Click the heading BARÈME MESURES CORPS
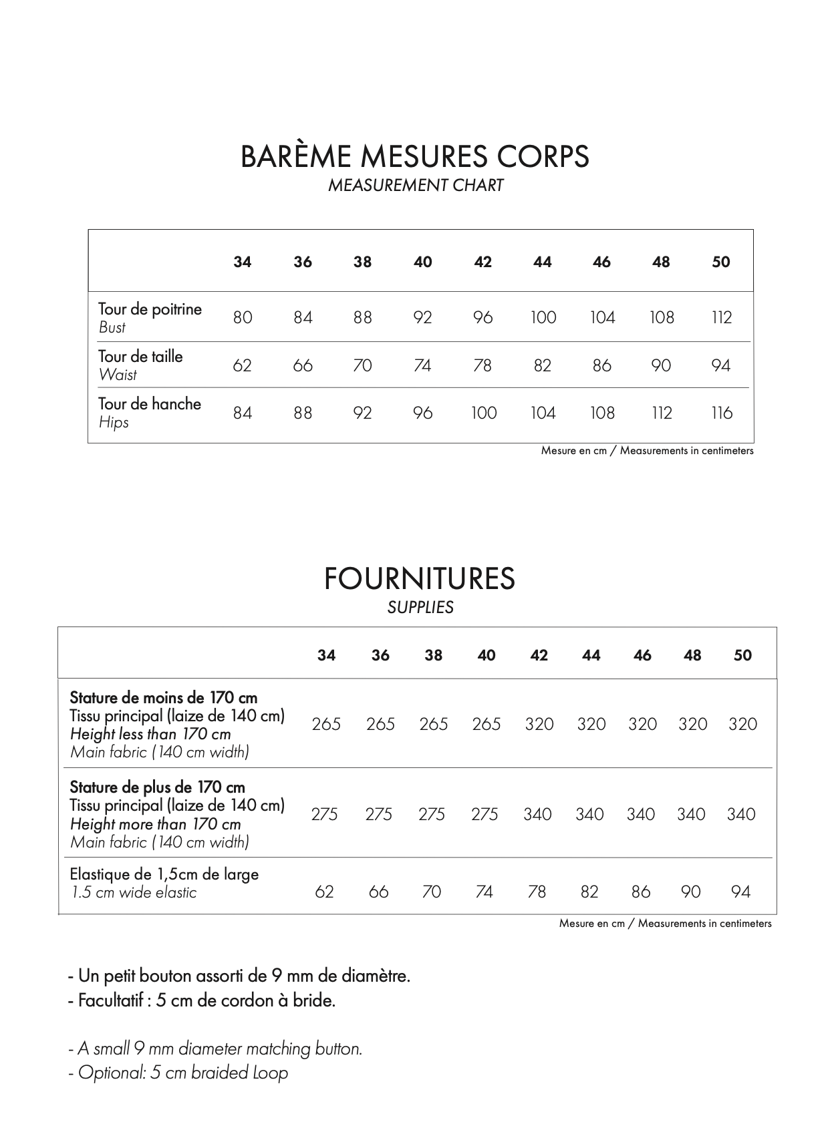pos(414,156)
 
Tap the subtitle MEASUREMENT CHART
pos(415,186)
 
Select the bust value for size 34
pos(243,317)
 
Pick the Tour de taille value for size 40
pos(422,365)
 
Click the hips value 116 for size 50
pos(722,413)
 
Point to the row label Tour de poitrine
pos(150,309)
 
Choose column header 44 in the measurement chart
pos(543,262)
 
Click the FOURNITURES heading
pos(420,578)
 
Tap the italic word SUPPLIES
pos(420,607)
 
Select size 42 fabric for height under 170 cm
pos(539,724)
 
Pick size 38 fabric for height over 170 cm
pos(432,814)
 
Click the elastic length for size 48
pos(691,892)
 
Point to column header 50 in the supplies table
pos(742,655)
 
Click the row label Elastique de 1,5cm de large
pos(164,874)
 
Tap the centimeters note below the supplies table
pos(665,924)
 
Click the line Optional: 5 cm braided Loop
pos(178,1073)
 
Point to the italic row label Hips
pos(114,423)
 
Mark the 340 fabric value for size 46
pos(641,814)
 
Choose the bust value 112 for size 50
pos(722,317)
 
